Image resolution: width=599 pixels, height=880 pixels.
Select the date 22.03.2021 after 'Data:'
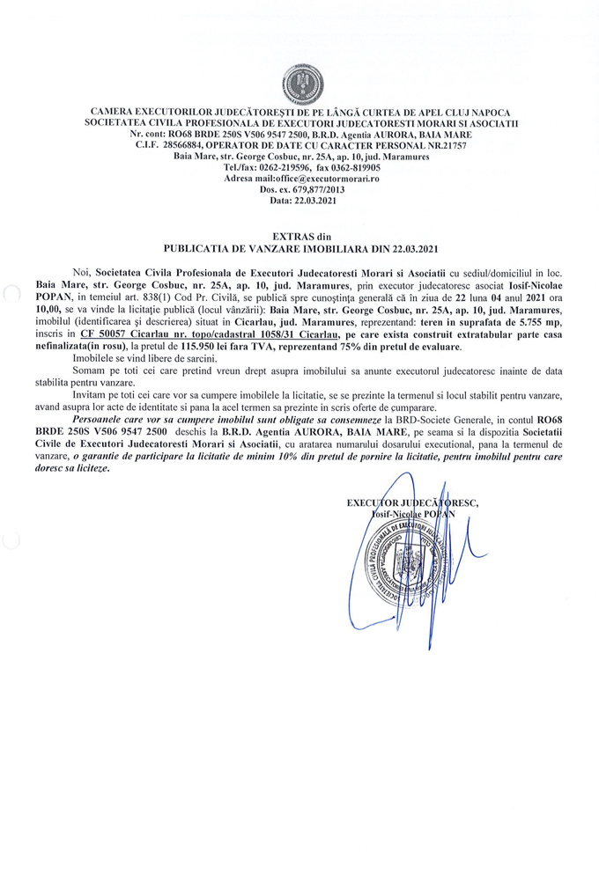[x=312, y=201]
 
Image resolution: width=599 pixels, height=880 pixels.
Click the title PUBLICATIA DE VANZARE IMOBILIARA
[x=263, y=249]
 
